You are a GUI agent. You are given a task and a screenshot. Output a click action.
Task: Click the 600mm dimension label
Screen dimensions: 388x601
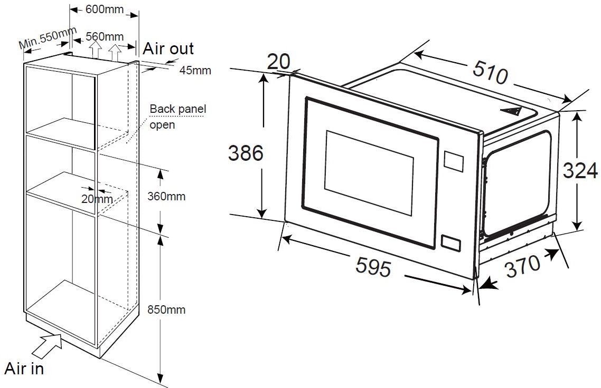pyautogui.click(x=104, y=10)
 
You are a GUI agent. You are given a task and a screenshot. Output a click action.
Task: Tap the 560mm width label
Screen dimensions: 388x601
pyautogui.click(x=104, y=36)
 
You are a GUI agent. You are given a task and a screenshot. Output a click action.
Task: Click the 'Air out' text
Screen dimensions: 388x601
pyautogui.click(x=168, y=48)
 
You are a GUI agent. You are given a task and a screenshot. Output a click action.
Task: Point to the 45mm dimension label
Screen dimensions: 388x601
pyautogui.click(x=195, y=70)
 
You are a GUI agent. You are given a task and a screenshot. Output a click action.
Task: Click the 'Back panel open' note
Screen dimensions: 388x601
pyautogui.click(x=177, y=117)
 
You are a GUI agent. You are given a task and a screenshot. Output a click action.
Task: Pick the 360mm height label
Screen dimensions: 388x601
pyautogui.click(x=166, y=197)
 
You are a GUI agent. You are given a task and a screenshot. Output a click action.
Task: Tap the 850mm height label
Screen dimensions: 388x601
pyautogui.click(x=166, y=309)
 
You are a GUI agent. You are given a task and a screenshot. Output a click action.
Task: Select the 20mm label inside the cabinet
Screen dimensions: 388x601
pyautogui.click(x=97, y=199)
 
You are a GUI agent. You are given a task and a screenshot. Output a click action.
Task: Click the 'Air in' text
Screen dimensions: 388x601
pyautogui.click(x=24, y=368)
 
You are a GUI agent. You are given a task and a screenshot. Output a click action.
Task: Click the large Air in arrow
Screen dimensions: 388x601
pyautogui.click(x=48, y=346)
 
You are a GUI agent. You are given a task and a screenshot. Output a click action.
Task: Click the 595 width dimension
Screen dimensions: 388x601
pyautogui.click(x=373, y=266)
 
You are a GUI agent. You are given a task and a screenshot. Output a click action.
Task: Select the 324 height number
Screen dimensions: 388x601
pyautogui.click(x=580, y=171)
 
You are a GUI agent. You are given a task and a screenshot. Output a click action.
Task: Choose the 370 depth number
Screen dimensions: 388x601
pyautogui.click(x=523, y=266)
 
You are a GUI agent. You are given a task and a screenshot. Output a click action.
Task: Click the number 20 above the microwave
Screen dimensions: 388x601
pyautogui.click(x=278, y=62)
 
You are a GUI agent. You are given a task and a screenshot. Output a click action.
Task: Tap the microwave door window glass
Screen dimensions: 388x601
pyautogui.click(x=369, y=171)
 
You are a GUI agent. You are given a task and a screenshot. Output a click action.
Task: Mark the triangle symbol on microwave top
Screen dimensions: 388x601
pyautogui.click(x=510, y=111)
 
